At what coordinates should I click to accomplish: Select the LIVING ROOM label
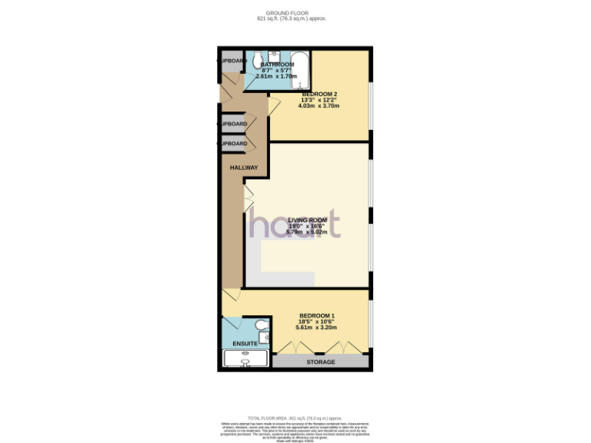coord(307,220)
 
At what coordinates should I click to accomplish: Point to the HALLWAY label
coord(243,168)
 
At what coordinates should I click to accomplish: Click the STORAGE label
coord(320,361)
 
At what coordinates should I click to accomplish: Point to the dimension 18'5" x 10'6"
coord(317,323)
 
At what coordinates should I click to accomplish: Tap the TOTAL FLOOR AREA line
coord(295,416)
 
